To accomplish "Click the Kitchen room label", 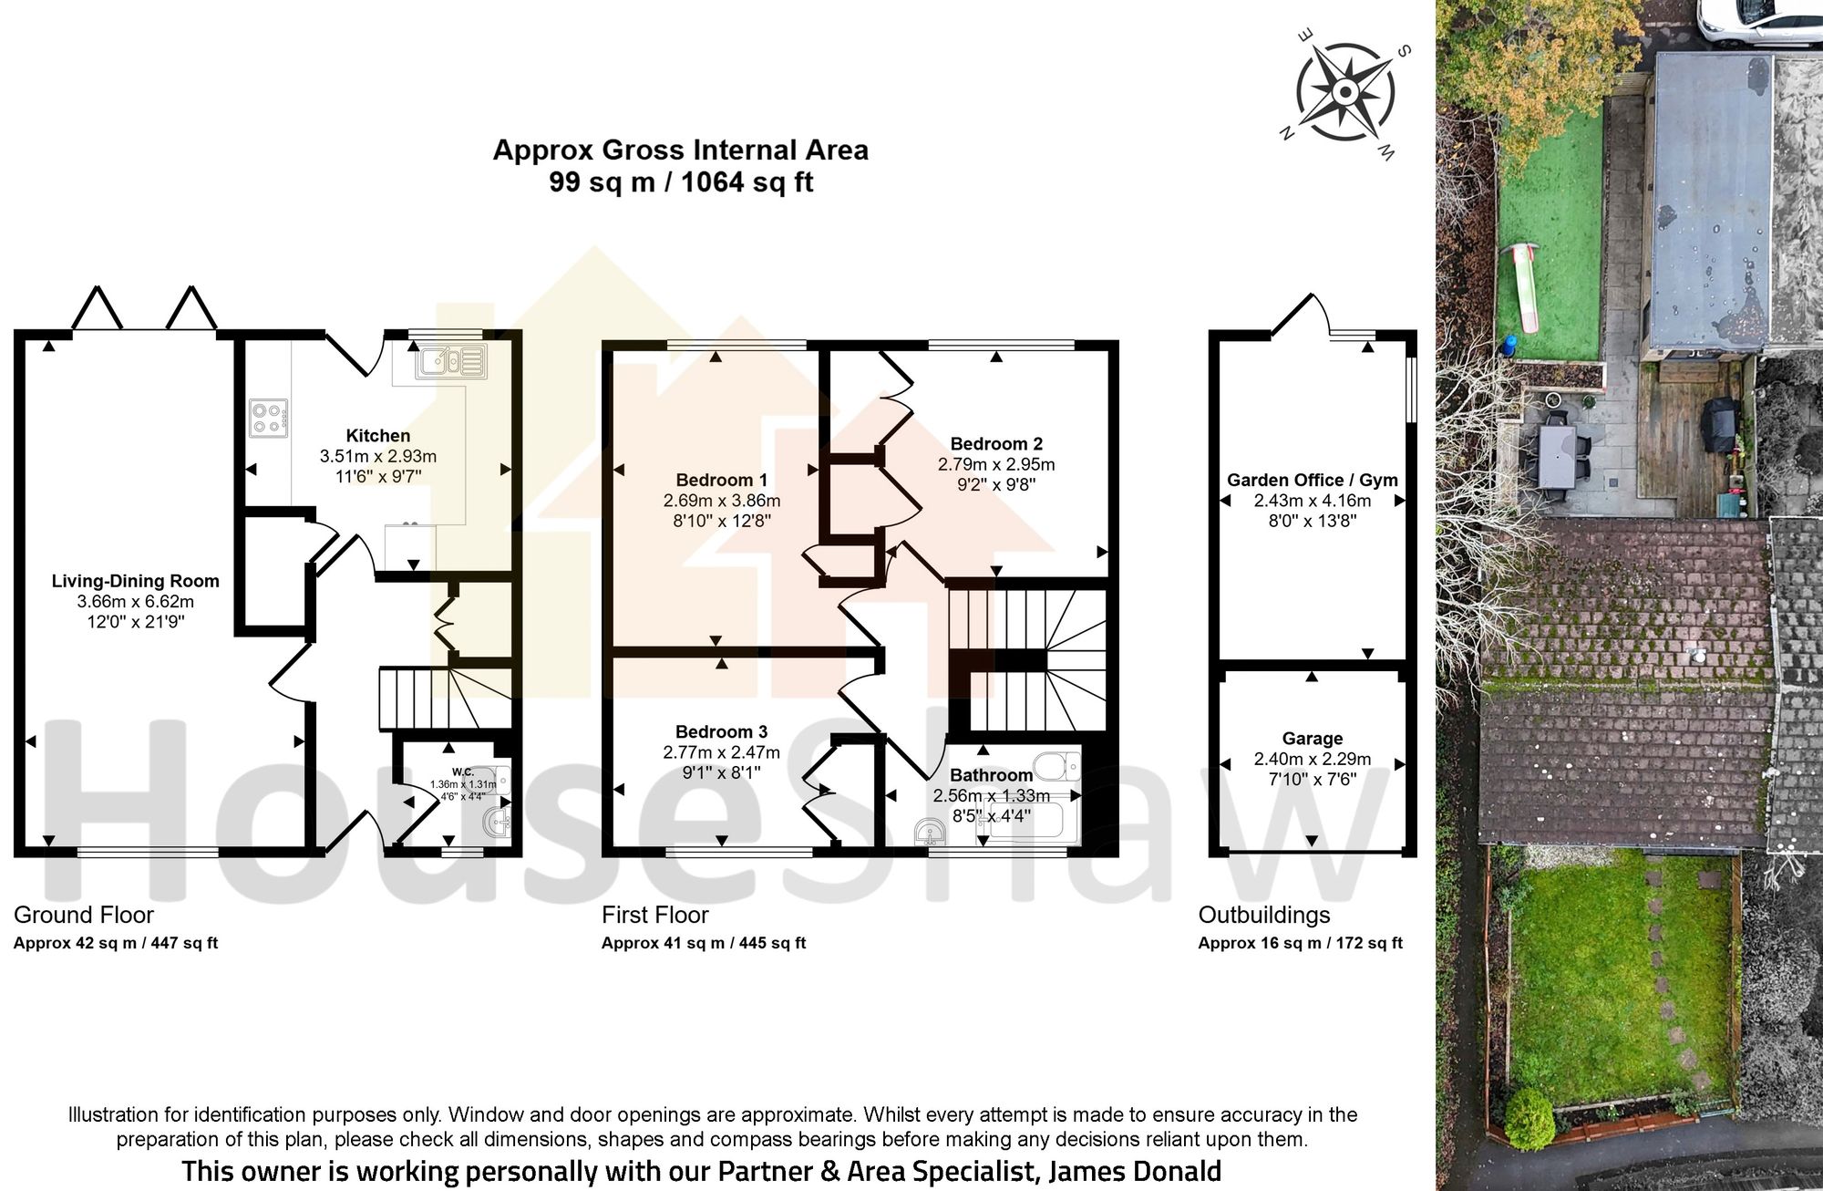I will (x=377, y=436).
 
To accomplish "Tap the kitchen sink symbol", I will (x=450, y=362).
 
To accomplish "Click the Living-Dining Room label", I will (x=135, y=581).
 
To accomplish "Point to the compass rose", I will (x=1345, y=91).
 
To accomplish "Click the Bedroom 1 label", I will (x=721, y=480).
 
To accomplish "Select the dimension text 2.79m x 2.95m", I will (x=995, y=464).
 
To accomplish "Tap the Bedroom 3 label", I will (x=721, y=731).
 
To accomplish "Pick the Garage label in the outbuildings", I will (x=1312, y=739).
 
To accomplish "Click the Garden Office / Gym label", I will (x=1312, y=480).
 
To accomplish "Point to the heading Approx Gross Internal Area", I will (x=680, y=150).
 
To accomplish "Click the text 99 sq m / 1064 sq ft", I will (x=680, y=182).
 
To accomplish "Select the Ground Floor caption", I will (x=84, y=915).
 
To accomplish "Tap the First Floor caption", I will (x=654, y=915).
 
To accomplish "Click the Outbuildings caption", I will (x=1263, y=915).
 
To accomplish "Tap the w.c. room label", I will (x=462, y=772).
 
